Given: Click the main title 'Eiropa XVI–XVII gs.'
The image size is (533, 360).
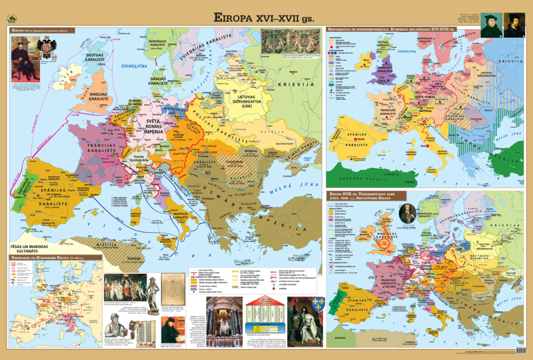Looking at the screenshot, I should click(266, 17).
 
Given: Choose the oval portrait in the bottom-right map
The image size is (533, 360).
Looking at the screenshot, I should click(408, 211).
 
